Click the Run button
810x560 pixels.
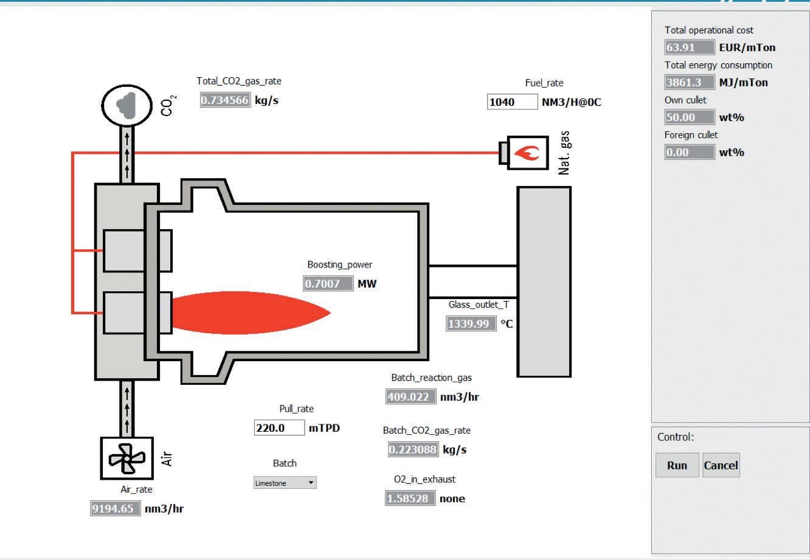coord(677,465)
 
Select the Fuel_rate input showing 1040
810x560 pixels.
coord(512,102)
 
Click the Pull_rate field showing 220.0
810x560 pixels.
coord(279,427)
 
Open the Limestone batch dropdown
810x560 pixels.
coord(285,483)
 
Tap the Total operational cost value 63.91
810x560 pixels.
coord(690,47)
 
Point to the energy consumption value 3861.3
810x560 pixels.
coord(690,83)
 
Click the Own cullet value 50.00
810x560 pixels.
coord(690,117)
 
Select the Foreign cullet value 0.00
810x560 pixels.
coord(690,152)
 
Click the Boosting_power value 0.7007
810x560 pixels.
coord(328,283)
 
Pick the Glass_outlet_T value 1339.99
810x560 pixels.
coord(471,323)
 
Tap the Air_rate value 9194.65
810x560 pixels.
coord(116,509)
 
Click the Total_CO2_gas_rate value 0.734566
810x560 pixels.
coord(225,100)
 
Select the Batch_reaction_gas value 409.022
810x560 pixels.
coord(411,396)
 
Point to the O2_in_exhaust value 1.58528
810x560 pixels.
coord(410,499)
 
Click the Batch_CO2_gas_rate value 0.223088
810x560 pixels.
coord(413,449)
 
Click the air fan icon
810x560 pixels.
coord(127,458)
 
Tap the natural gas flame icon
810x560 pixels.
coord(528,153)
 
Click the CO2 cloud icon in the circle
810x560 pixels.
coord(126,106)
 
